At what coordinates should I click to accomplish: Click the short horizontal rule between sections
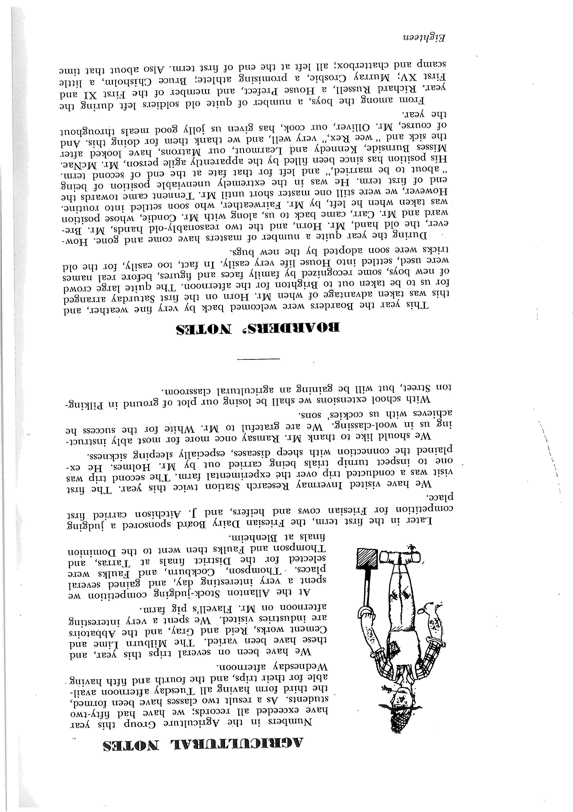(x=258, y=359)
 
